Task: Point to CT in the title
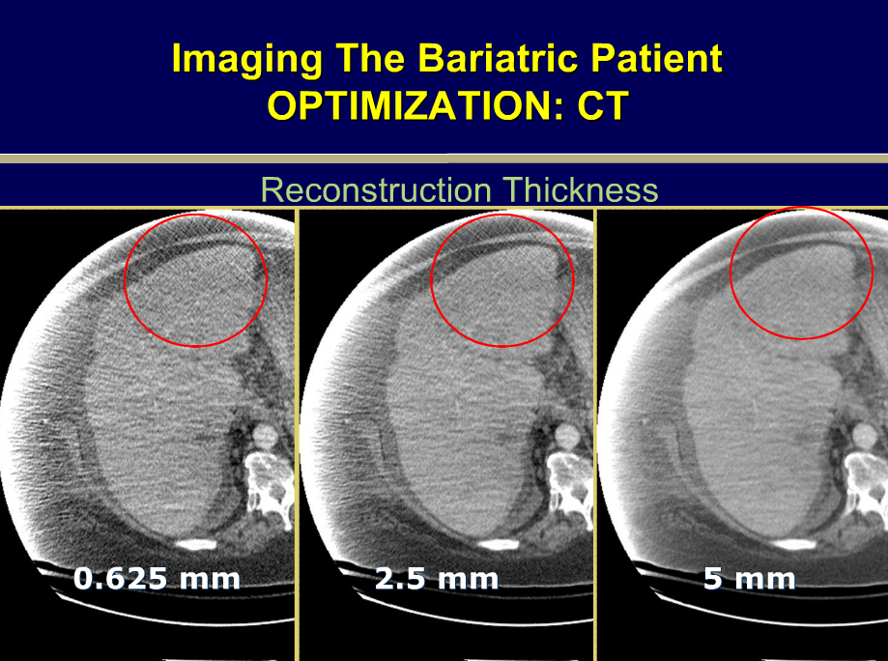pos(603,106)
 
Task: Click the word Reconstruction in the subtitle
pos(374,189)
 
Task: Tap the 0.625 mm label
pos(157,580)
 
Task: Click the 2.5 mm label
pos(437,580)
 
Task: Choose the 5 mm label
pos(750,580)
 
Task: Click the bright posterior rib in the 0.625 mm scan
pos(196,544)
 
